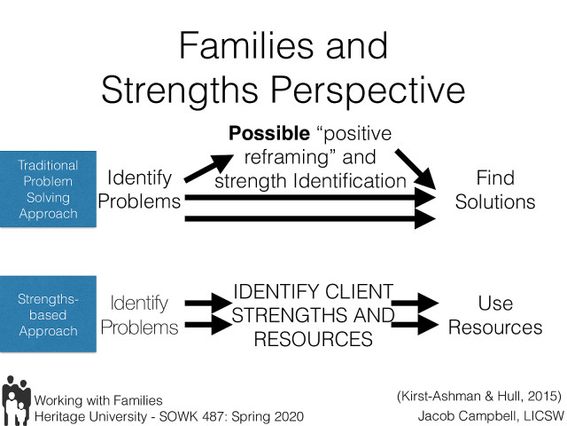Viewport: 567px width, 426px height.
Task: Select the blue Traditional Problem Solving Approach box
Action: pyautogui.click(x=48, y=190)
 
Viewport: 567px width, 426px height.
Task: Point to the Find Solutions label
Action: pyautogui.click(x=494, y=190)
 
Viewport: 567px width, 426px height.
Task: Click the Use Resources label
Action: pyautogui.click(x=494, y=316)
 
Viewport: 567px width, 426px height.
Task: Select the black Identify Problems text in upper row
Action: pyautogui.click(x=138, y=190)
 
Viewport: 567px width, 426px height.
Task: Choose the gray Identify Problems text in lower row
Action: pyautogui.click(x=138, y=316)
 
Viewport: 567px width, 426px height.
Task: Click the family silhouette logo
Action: pyautogui.click(x=16, y=398)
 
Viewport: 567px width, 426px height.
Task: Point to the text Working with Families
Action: pyautogui.click(x=97, y=400)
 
